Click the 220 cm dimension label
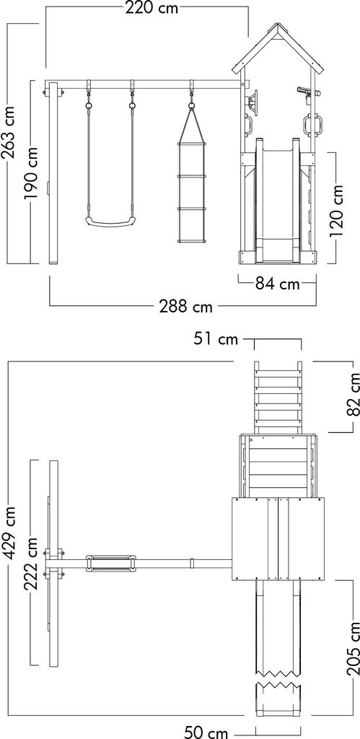tap(152, 8)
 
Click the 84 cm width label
tap(278, 284)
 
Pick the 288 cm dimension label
tap(185, 307)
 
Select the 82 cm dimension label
tap(353, 396)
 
